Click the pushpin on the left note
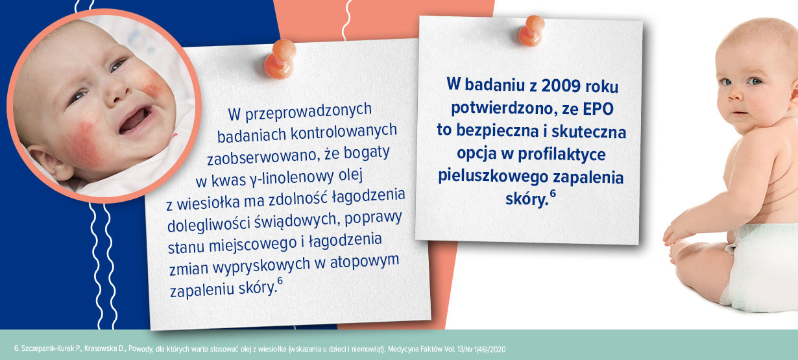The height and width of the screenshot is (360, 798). click(x=280, y=59)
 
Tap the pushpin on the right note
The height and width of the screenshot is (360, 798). click(x=531, y=30)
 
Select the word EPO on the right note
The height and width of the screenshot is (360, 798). click(x=598, y=109)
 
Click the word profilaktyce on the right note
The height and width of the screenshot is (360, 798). click(x=561, y=154)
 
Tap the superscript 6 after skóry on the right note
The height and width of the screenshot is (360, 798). click(x=553, y=193)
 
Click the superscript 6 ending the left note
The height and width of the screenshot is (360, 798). click(x=280, y=282)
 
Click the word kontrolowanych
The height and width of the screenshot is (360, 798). click(x=343, y=132)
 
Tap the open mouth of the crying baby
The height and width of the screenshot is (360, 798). click(x=135, y=120)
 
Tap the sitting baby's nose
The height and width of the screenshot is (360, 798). click(x=735, y=94)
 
